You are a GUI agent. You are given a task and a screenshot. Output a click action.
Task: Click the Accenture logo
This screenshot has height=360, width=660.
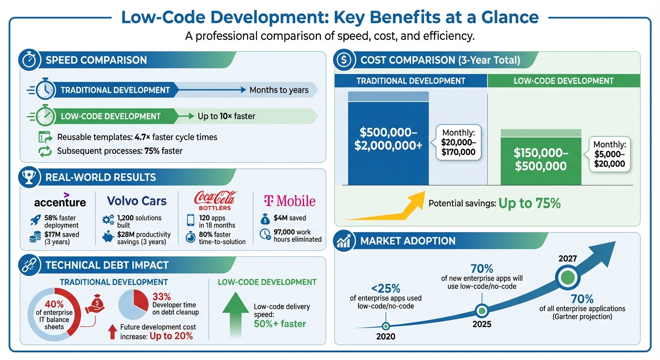[x=60, y=202]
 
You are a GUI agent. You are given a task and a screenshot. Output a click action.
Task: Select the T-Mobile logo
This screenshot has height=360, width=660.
[x=289, y=201]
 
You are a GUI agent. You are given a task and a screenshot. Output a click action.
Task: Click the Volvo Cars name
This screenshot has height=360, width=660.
[x=136, y=201]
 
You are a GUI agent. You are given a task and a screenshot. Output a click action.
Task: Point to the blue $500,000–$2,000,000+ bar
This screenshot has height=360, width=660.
[x=388, y=141]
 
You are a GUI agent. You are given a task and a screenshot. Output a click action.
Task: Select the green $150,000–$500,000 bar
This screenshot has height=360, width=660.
[x=540, y=159]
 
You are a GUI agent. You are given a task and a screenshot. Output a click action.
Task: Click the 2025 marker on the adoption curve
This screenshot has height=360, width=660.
[x=481, y=310]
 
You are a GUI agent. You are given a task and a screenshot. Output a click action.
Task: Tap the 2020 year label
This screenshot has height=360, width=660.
[x=385, y=337]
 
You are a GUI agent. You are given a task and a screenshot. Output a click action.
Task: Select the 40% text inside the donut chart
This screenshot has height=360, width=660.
[x=54, y=305]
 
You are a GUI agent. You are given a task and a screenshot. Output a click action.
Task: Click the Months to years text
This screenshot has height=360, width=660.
[x=279, y=90]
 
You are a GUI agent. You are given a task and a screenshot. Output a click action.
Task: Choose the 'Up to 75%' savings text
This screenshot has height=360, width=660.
[x=529, y=203]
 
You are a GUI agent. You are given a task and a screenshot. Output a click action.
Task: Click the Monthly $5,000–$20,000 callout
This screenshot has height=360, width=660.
[x=609, y=154]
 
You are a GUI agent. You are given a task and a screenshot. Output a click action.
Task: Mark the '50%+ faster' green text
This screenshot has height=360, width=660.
[x=279, y=323]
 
